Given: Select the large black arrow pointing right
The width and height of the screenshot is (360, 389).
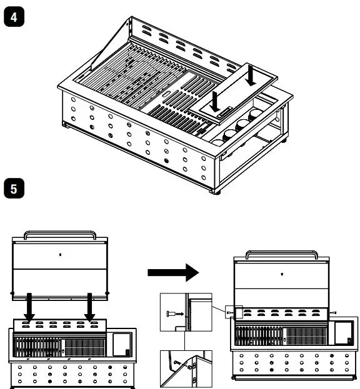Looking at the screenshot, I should pos(172,272).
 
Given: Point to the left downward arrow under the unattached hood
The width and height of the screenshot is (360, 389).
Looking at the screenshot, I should pos(31,307).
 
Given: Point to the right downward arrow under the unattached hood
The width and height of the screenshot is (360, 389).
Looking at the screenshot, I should pos(91,307).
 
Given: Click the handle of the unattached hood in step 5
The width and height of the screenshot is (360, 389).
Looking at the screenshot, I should pos(59,235).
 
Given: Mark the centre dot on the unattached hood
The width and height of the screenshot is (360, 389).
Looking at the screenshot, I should pos(59,254).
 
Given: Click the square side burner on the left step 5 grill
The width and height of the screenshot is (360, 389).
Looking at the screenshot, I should pos(121,343).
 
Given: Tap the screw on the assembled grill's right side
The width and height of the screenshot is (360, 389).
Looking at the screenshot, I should pos(334,312).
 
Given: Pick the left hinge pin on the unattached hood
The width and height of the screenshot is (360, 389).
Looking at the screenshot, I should pos(12,292).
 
